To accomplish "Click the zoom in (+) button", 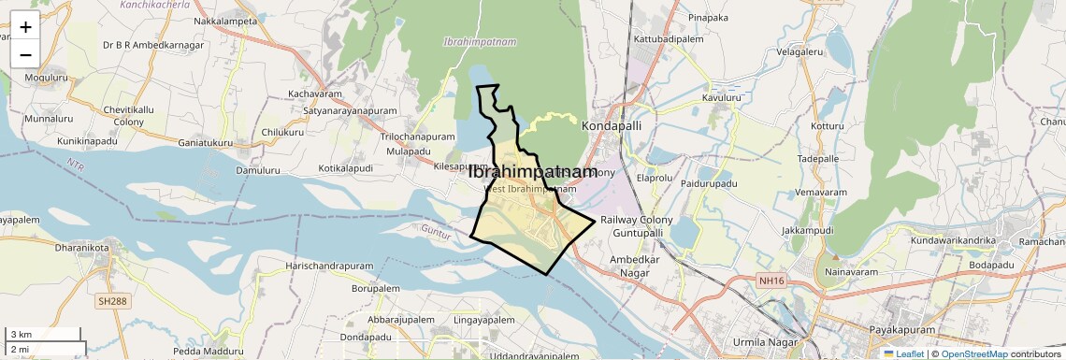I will point(25,27).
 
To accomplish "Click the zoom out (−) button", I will point(25,54).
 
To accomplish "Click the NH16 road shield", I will point(771,280).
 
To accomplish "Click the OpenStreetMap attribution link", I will point(973,353).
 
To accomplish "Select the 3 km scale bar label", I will point(21,335).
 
